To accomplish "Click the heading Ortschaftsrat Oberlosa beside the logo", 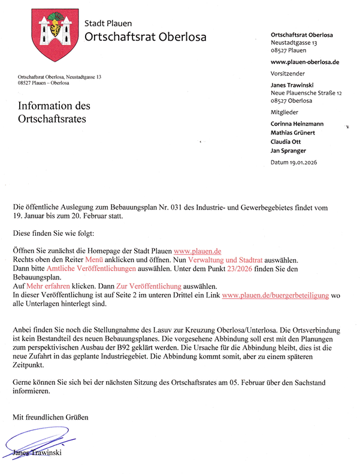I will pos(146,37).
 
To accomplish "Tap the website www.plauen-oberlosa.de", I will pos(305,62).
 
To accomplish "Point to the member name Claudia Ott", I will pos(288,141).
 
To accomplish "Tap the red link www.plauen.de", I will pos(198,251).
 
